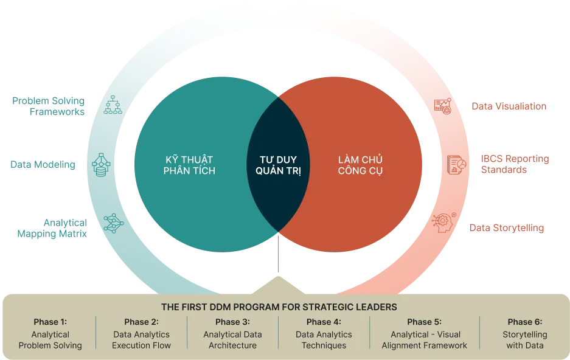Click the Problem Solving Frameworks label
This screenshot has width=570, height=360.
(48, 106)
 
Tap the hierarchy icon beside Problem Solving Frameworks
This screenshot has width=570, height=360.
(113, 105)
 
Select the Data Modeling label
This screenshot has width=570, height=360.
(43, 165)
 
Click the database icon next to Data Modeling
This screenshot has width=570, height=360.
(101, 165)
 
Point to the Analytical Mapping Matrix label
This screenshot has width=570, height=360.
(52, 228)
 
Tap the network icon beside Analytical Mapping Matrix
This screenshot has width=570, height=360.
(113, 223)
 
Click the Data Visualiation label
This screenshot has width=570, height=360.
(509, 106)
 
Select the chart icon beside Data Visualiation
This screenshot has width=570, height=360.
(443, 106)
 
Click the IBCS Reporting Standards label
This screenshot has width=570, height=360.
(515, 164)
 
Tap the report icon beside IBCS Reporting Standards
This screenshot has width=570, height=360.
(456, 165)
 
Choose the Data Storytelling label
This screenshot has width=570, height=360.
(507, 228)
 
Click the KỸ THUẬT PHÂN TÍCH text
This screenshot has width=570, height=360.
(189, 165)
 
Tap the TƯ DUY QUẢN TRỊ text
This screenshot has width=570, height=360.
(278, 165)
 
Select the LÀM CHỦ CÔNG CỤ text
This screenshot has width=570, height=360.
(360, 165)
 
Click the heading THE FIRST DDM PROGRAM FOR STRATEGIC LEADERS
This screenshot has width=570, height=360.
(279, 307)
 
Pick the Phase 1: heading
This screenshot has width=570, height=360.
(50, 322)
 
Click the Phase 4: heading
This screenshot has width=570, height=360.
(324, 322)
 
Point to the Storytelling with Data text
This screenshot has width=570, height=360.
(525, 340)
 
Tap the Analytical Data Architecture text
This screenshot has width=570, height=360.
(232, 340)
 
